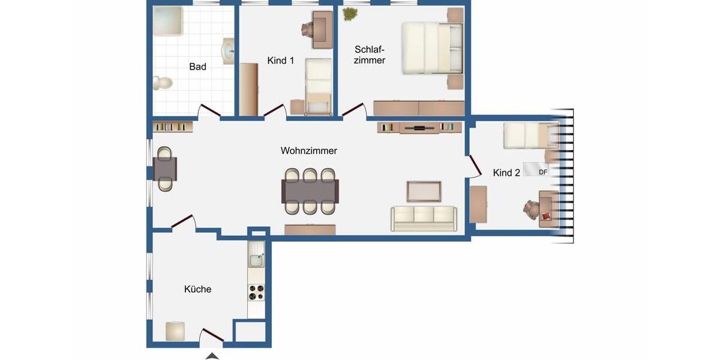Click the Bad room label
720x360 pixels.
click(x=197, y=67)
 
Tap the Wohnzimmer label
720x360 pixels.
click(x=308, y=151)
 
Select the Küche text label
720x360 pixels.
click(x=197, y=289)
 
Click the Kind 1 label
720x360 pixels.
click(x=280, y=61)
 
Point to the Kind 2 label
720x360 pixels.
click(x=506, y=173)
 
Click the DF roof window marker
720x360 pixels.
click(x=543, y=172)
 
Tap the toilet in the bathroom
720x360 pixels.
click(x=162, y=83)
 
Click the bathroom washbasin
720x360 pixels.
click(x=228, y=51)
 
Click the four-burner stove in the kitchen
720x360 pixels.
click(x=256, y=292)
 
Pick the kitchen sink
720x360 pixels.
click(x=256, y=260)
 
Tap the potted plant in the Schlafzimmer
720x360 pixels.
click(x=349, y=14)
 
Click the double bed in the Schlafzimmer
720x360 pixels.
click(x=432, y=48)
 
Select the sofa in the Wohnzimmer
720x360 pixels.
click(x=424, y=218)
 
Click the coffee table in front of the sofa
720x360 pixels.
click(x=424, y=191)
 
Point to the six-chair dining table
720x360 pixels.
click(x=310, y=191)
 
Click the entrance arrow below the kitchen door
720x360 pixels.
click(x=212, y=356)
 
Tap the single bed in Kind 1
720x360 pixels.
click(x=318, y=85)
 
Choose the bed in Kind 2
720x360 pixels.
click(x=531, y=136)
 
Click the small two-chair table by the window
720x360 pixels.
click(x=165, y=169)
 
